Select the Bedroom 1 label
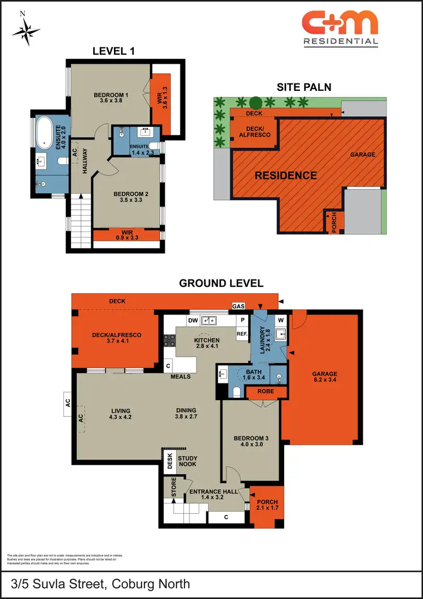[111, 95]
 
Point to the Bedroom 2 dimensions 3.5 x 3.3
[126, 199]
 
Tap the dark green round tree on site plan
[255, 103]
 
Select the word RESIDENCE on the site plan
[285, 176]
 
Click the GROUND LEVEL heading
[221, 283]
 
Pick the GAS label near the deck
[239, 307]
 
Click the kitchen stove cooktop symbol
[169, 340]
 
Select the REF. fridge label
[243, 334]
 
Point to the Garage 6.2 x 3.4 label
[325, 377]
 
